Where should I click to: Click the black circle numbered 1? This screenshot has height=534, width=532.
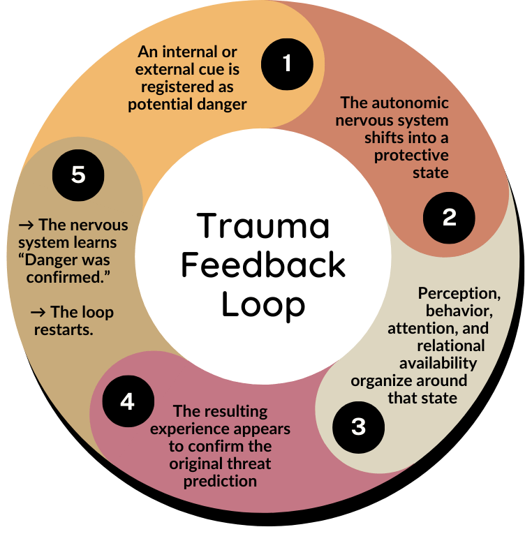click(287, 64)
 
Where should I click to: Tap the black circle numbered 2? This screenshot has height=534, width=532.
click(449, 218)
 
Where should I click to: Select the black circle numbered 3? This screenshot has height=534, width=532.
click(358, 427)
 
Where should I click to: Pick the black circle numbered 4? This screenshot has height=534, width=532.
click(127, 402)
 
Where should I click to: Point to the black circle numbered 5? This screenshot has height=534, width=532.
click(78, 175)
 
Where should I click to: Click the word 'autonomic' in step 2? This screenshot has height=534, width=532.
click(416, 103)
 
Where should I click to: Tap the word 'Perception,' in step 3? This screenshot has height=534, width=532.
click(458, 293)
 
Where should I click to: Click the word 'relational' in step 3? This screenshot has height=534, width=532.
click(450, 345)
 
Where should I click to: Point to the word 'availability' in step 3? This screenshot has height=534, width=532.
click(438, 362)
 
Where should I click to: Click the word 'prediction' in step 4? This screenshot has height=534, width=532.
click(221, 481)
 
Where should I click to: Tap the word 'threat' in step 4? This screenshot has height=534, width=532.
click(247, 463)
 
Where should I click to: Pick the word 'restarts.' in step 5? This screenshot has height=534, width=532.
click(64, 330)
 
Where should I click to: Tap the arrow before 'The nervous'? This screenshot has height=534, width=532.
click(27, 225)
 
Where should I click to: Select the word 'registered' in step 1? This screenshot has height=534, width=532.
click(177, 87)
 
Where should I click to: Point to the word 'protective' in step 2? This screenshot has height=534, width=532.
click(411, 155)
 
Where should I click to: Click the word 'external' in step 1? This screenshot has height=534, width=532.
click(166, 70)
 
